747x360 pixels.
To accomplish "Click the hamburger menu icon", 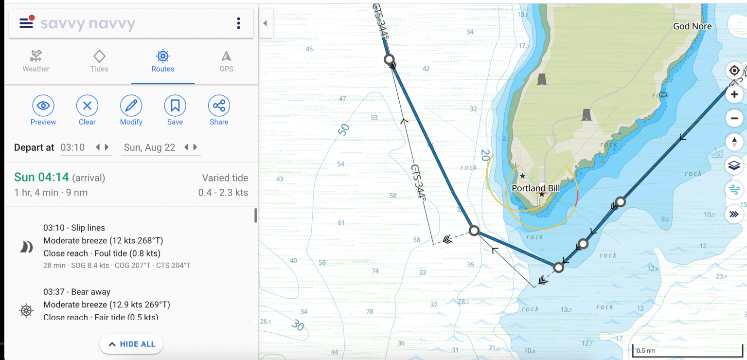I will [x=26, y=23].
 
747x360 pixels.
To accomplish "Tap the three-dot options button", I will [x=238, y=23].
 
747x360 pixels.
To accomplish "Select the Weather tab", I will [x=36, y=61].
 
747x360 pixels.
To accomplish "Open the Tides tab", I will [x=99, y=61].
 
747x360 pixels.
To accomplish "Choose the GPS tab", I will [x=226, y=61].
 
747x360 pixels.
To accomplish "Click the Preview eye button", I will [x=43, y=106].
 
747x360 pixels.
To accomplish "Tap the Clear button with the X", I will [x=87, y=106].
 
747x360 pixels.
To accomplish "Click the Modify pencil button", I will [x=131, y=106].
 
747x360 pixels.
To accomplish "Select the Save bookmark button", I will [x=175, y=106].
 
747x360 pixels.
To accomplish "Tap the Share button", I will [x=219, y=106].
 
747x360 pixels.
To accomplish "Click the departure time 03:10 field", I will [x=73, y=147].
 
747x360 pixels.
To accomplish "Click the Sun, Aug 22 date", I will [x=149, y=147].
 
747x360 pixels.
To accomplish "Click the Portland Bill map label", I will [x=536, y=188].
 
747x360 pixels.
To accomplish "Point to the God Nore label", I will [x=692, y=26].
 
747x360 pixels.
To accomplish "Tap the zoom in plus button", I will [x=734, y=94].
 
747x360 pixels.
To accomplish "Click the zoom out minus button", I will [x=734, y=118].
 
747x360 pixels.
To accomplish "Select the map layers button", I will [x=734, y=165].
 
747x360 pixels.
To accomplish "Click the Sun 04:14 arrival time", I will [x=42, y=178].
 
